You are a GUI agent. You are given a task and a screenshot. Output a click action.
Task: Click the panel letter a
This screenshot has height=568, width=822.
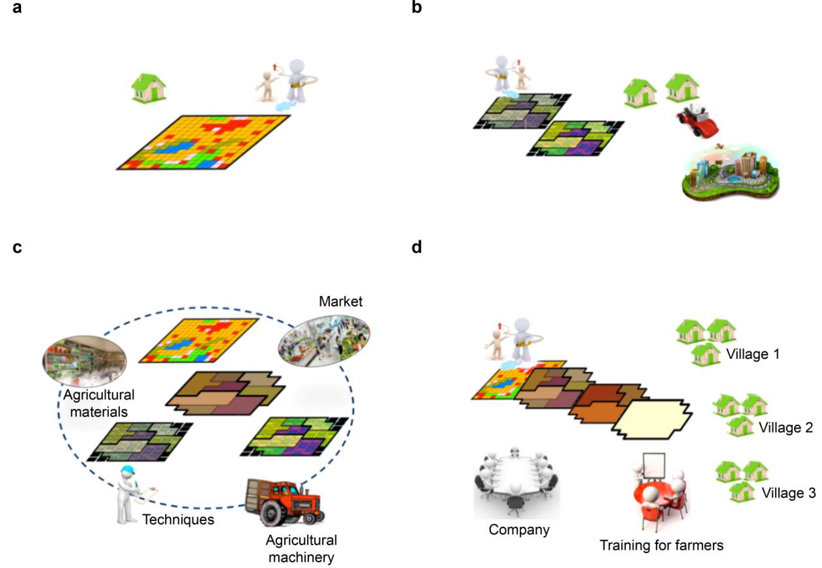click(x=17, y=7)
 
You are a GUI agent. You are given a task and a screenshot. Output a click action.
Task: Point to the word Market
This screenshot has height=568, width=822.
click(x=341, y=302)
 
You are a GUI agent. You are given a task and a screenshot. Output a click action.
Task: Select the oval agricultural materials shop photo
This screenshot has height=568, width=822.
click(x=84, y=361)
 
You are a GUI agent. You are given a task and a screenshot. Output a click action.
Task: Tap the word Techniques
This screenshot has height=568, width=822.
click(x=178, y=520)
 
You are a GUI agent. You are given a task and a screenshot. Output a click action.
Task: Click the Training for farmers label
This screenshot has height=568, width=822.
click(x=661, y=545)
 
